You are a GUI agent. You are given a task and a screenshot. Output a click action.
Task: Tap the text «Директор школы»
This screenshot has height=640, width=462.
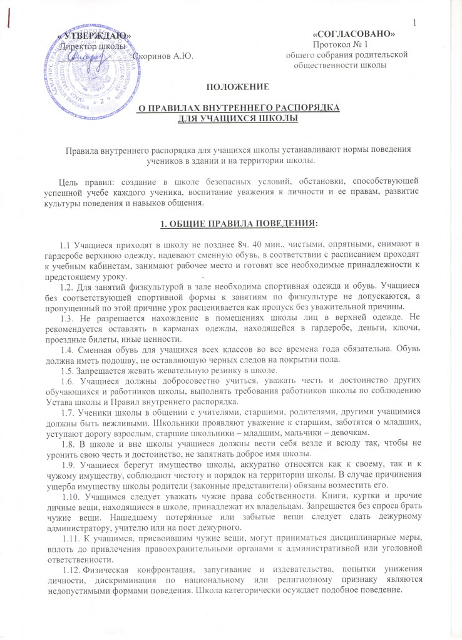point(92,46)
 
